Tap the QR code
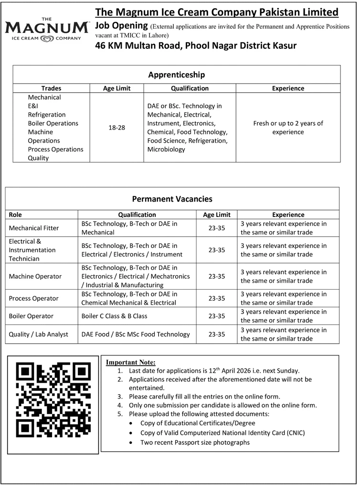pos(53,400)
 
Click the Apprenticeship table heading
pos(177,75)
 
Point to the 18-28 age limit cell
pos(117,128)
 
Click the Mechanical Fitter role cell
pos(34,228)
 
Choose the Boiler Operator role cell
pos(31,316)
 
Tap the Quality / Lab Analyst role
pos(39,334)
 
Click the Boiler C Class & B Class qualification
pos(115,316)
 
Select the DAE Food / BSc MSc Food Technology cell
pos(136,334)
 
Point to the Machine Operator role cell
pos(35,276)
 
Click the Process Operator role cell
pos(34,298)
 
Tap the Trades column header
pos(51,88)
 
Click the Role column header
pos(16,215)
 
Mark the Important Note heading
pos(130,362)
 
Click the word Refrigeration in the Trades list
pos(47,115)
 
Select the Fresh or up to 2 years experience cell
pos(288,128)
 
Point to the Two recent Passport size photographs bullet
pos(195,442)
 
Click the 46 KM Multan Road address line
pos(196,46)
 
